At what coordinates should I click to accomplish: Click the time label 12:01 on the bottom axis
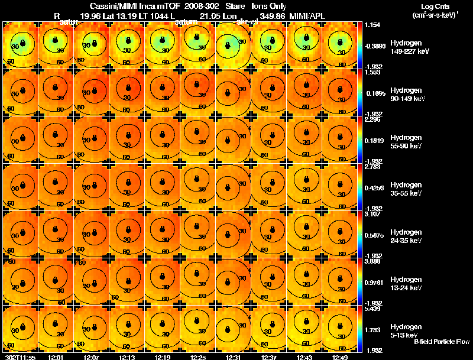pyautogui.click(x=56, y=356)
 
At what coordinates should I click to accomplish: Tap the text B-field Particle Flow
pyautogui.click(x=441, y=342)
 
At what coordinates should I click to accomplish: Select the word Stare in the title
pyautogui.click(x=235, y=6)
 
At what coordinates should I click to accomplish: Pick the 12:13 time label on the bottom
pyautogui.click(x=127, y=356)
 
